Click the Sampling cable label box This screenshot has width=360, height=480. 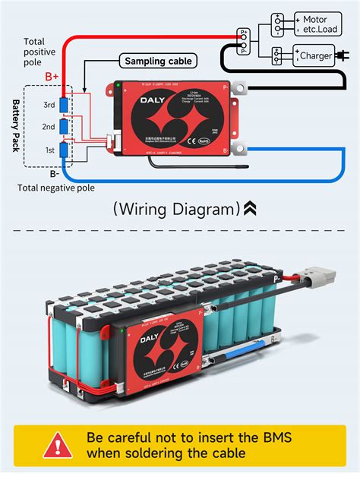pos(159,61)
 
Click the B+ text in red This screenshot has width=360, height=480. pos(52,77)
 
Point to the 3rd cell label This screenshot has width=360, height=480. pos(49,104)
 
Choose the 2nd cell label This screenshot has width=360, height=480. pos(49,128)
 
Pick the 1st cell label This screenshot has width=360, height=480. pos(50,150)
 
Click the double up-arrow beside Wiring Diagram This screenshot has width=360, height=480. pos(251,207)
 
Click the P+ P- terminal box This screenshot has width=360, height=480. pos(244,41)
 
